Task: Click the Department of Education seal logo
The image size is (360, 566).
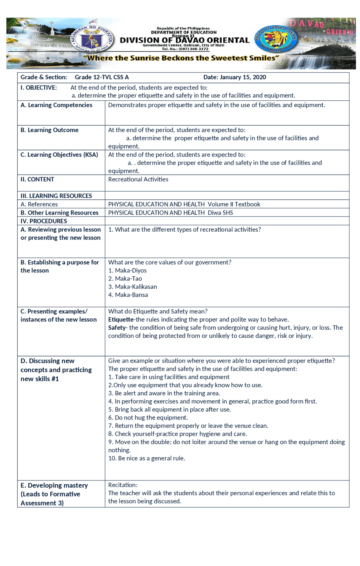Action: [92, 40]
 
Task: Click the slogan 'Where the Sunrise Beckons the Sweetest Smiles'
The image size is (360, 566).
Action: [181, 58]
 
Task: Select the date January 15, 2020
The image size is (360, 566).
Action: [235, 77]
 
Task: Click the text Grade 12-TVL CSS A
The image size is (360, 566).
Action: [102, 77]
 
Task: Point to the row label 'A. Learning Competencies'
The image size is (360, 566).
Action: [56, 105]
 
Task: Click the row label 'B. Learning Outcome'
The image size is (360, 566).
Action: [49, 130]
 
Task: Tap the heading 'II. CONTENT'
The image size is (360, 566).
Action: [37, 179]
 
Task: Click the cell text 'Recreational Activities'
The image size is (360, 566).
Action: [138, 179]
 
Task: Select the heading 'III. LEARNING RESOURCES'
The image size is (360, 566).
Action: [56, 196]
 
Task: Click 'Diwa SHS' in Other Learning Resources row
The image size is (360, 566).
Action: [220, 213]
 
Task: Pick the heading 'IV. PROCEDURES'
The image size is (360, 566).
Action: [44, 221]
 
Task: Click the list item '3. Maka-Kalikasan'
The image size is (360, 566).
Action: [132, 287]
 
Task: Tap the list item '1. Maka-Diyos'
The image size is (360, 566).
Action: [127, 270]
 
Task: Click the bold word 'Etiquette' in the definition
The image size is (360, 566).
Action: [121, 320]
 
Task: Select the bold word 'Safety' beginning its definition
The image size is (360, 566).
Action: [117, 328]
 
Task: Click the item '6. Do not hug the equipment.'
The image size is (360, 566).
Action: [148, 418]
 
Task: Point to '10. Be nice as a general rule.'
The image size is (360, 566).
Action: [147, 458]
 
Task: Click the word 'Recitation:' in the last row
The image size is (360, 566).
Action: [123, 485]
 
